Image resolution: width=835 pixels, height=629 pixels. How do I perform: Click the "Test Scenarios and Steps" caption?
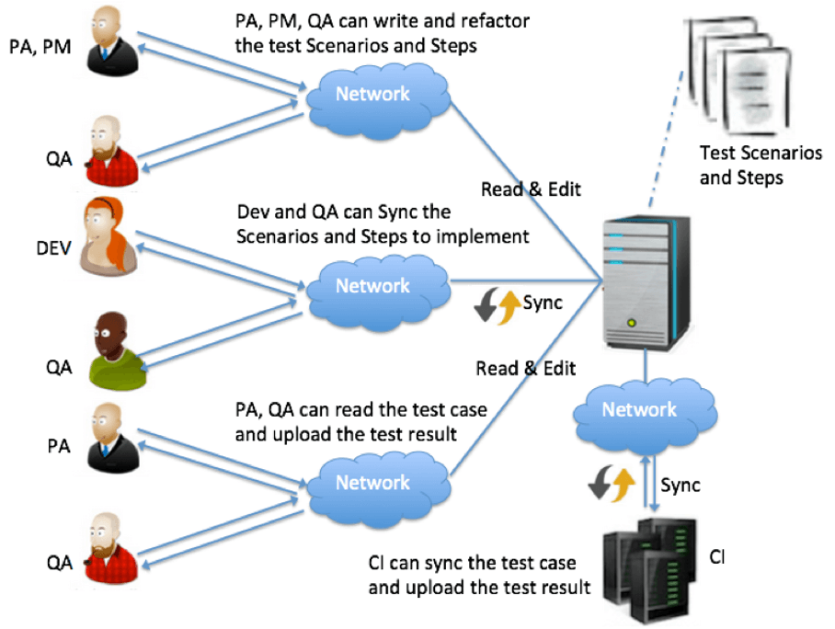pos(761,165)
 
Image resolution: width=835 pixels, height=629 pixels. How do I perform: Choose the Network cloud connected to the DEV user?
pos(372,286)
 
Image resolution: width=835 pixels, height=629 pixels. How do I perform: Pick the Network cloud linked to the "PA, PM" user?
pos(372,94)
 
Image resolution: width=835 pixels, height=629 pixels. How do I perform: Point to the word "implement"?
pos(486,236)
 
